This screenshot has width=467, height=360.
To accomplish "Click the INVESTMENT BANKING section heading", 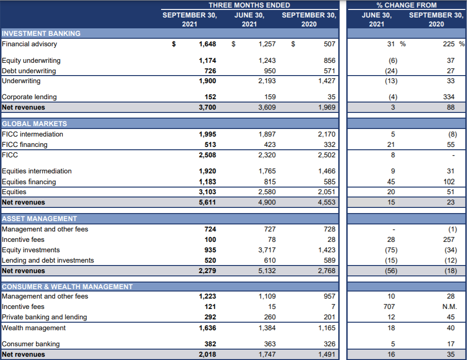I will point(42,34).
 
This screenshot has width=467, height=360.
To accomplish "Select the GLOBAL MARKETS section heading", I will point(34,124).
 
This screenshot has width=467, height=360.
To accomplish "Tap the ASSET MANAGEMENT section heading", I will point(40,219).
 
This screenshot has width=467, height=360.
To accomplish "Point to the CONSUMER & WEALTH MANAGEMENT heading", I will point(68,287).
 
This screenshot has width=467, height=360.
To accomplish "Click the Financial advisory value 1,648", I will point(207,44).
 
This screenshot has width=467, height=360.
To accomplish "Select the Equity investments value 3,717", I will point(267,250).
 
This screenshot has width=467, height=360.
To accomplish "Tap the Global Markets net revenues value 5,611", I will point(207,202).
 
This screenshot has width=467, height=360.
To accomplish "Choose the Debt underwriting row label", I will point(29,71).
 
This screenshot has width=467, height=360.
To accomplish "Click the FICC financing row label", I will point(25,145).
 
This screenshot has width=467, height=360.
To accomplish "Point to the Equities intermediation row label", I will point(37,171).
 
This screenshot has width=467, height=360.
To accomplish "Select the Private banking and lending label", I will point(44,317).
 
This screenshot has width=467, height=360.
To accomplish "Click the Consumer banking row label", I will point(30,344).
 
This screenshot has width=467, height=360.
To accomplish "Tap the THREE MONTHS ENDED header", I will point(249,5).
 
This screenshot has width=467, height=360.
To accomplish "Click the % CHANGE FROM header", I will point(407,5).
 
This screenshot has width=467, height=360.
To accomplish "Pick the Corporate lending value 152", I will point(210,97).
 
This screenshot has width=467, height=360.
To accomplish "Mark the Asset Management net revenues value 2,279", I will point(207,271).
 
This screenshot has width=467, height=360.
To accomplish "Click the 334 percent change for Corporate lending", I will point(449,97).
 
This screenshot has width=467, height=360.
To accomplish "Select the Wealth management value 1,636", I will point(207,328).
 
